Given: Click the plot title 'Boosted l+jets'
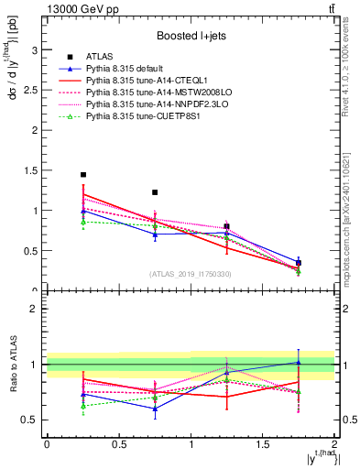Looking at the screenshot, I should [190, 36].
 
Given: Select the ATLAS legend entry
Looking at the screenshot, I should [98, 56].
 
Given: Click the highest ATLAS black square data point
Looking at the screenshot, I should [83, 174].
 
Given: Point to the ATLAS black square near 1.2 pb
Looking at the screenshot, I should [155, 192].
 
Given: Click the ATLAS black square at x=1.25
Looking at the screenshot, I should [227, 226].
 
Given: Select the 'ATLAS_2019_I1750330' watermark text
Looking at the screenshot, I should [190, 274].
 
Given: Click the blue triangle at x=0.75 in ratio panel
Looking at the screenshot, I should [155, 409].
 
